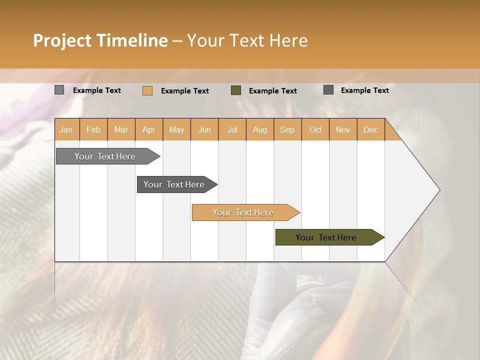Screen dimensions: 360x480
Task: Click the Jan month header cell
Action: [66, 129]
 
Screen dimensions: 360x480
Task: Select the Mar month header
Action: [121, 129]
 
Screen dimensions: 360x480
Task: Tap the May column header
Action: [176, 129]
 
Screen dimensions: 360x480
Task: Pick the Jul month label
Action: [232, 129]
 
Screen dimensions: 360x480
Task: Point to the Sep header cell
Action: [287, 129]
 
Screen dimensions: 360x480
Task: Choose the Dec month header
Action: [370, 129]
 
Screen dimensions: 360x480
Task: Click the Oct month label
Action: [315, 129]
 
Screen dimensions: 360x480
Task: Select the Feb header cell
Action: [93, 129]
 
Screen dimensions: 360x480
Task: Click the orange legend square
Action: [147, 90]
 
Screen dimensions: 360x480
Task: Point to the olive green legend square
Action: [236, 90]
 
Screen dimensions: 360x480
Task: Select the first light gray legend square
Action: [59, 90]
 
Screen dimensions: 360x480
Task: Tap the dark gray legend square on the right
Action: [328, 90]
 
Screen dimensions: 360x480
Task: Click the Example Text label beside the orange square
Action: [184, 91]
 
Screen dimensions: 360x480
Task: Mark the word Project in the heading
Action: [62, 40]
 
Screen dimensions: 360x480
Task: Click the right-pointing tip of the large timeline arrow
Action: [437, 190]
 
